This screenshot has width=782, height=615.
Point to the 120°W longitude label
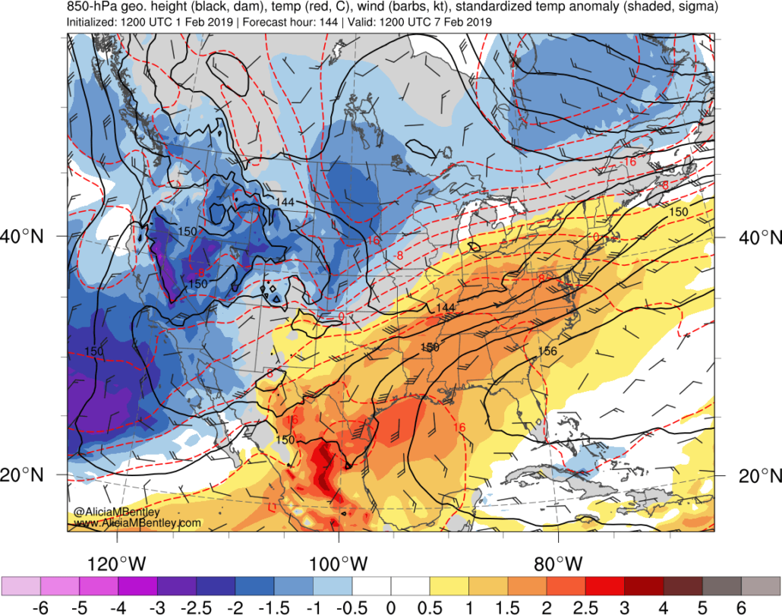[117, 564]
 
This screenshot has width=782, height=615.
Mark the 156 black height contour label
[548, 351]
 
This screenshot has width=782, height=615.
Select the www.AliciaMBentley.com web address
[137, 523]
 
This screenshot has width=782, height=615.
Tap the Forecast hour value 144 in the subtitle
[324, 22]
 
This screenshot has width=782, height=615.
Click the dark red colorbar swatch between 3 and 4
[644, 586]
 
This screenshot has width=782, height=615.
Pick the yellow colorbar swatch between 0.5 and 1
[449, 586]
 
